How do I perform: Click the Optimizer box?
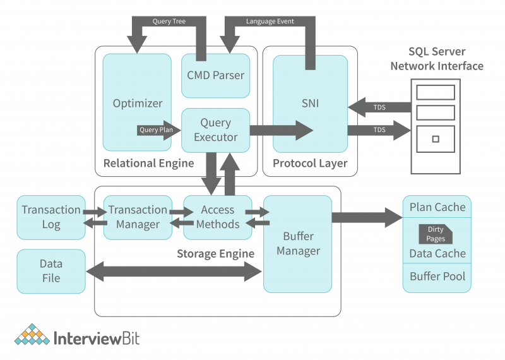pyautogui.click(x=137, y=103)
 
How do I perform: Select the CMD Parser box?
pyautogui.click(x=215, y=75)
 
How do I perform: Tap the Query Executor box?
pyautogui.click(x=215, y=130)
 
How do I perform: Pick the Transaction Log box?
pyautogui.click(x=50, y=217)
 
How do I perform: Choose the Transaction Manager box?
pyautogui.click(x=137, y=217)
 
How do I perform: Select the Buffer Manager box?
pyautogui.click(x=297, y=244)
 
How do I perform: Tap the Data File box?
pyautogui.click(x=50, y=271)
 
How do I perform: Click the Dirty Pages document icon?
pyautogui.click(x=436, y=234)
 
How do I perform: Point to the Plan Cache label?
pyautogui.click(x=437, y=207)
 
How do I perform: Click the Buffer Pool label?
pyautogui.click(x=437, y=277)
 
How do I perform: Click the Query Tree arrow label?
pyautogui.click(x=169, y=21)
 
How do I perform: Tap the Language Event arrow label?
pyautogui.click(x=270, y=21)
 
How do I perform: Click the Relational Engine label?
pyautogui.click(x=148, y=164)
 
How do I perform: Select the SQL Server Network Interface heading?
pyautogui.click(x=437, y=59)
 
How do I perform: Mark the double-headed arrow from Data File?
pyautogui.click(x=174, y=272)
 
